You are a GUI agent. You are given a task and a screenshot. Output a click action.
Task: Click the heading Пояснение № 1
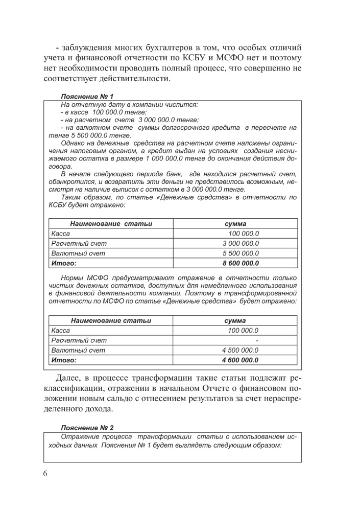87,96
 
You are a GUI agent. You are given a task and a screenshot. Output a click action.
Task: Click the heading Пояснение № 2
87,427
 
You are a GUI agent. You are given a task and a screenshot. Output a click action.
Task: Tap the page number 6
46,473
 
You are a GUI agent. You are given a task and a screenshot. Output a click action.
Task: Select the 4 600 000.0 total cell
240,360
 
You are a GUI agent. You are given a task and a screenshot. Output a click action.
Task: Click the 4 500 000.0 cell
241,350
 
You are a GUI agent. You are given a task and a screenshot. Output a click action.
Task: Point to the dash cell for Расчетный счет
257,340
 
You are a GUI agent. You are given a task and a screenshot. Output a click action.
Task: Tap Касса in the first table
61,234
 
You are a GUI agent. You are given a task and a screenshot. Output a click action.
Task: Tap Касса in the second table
61,331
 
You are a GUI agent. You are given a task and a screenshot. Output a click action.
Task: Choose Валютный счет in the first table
79,253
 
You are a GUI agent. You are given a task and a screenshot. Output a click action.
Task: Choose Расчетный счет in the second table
79,340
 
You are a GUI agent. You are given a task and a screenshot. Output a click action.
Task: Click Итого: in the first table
64,264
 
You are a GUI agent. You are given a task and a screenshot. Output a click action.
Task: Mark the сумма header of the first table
235,224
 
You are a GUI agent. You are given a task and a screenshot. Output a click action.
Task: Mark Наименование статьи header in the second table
111,320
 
